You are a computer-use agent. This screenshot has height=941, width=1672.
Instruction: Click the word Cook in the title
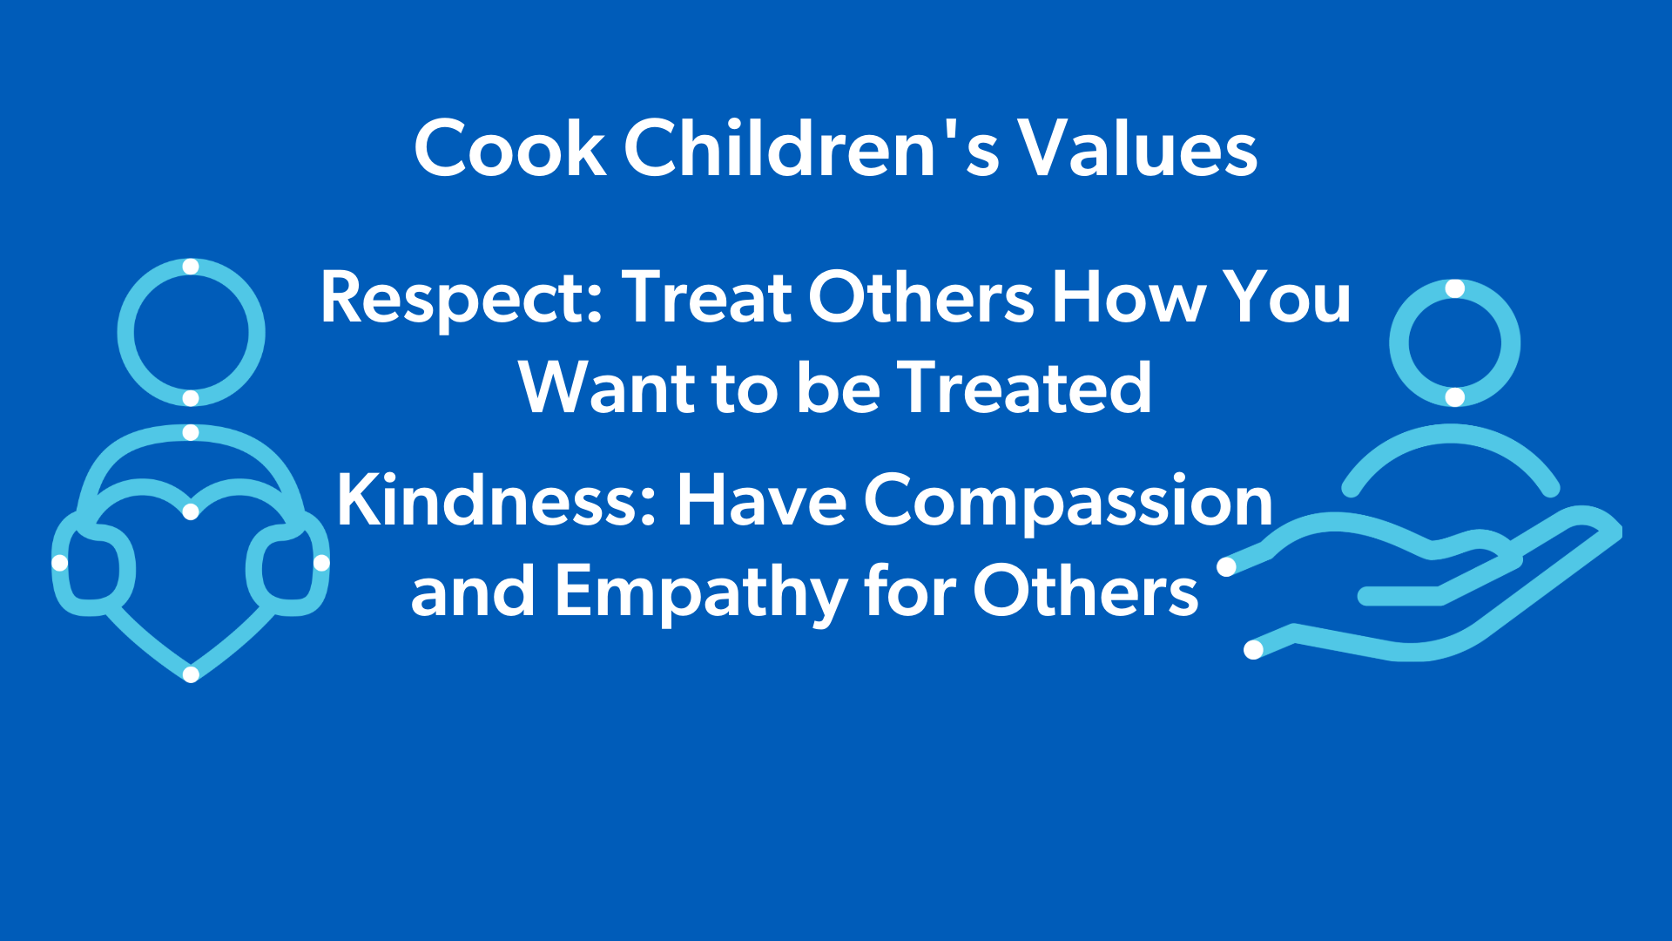click(x=509, y=149)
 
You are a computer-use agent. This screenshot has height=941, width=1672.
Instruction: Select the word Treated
click(x=1024, y=389)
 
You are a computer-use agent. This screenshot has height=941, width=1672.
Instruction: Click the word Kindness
click(x=495, y=502)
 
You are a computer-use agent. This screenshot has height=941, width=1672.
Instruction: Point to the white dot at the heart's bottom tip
click(x=191, y=674)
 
